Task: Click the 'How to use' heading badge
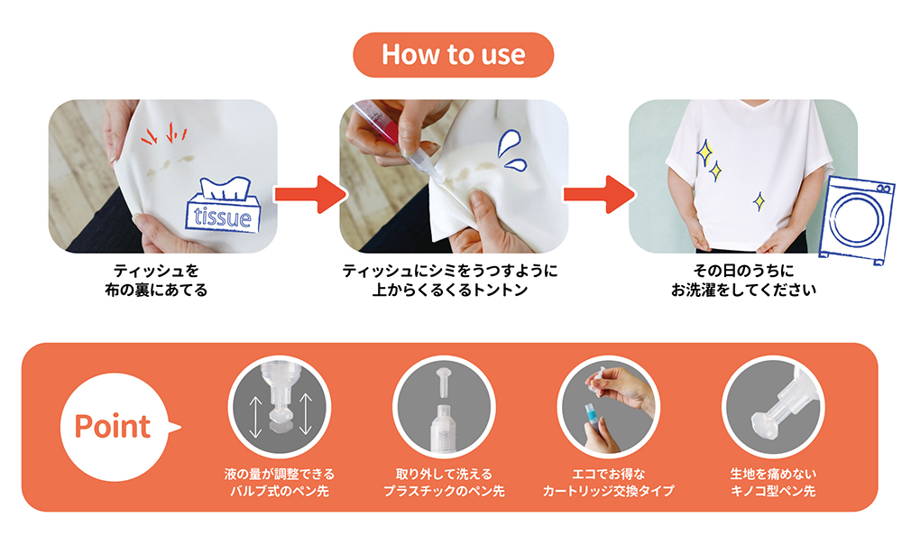[454, 55]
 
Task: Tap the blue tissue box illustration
[223, 206]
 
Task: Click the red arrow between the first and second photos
[309, 194]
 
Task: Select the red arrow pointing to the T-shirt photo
[599, 194]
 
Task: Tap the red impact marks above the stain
[164, 134]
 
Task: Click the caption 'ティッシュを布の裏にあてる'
[156, 280]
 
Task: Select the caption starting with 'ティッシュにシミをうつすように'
[450, 280]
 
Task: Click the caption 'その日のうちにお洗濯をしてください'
[743, 280]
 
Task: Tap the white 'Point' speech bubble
[115, 427]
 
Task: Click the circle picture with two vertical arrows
[280, 407]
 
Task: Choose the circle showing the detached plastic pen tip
[444, 407]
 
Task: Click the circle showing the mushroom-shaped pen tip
[773, 407]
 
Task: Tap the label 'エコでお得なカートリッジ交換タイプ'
[609, 483]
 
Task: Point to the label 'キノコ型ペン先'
[773, 491]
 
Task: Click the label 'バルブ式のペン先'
[280, 491]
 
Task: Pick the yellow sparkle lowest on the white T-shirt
[759, 201]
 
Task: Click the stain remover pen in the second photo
[391, 136]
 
